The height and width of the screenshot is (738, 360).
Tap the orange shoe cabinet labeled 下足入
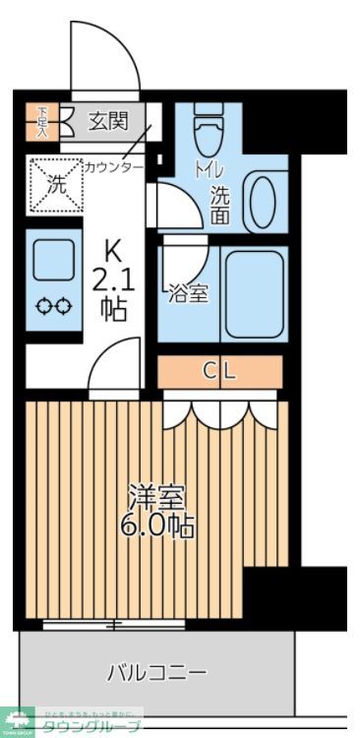[x=43, y=120]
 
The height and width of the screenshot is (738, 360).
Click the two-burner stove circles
[x=53, y=307]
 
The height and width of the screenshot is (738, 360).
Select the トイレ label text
[x=207, y=168]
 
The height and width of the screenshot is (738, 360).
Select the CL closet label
[x=220, y=371]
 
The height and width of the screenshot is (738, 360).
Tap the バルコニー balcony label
[x=156, y=673]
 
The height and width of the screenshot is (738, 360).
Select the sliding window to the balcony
[x=115, y=624]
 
